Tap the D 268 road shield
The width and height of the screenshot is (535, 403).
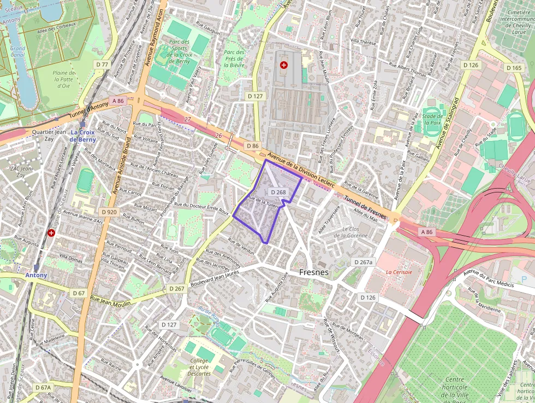click(x=278, y=192)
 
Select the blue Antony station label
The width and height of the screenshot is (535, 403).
click(x=36, y=275)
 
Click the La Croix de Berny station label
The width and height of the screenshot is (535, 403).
click(x=82, y=136)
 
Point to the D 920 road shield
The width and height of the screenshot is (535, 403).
click(x=109, y=211)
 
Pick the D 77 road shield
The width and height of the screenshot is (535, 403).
click(x=102, y=65)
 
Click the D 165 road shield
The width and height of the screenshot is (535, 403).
click(x=514, y=68)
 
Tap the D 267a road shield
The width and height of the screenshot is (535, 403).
click(x=364, y=262)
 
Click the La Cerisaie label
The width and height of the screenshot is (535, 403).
click(x=399, y=272)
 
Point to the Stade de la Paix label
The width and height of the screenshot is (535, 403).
click(x=432, y=119)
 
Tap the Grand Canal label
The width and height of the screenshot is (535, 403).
click(x=18, y=51)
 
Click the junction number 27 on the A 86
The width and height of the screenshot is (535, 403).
click(x=187, y=119)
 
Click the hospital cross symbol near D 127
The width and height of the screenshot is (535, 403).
click(x=283, y=65)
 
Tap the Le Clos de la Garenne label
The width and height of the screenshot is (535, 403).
click(x=354, y=232)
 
